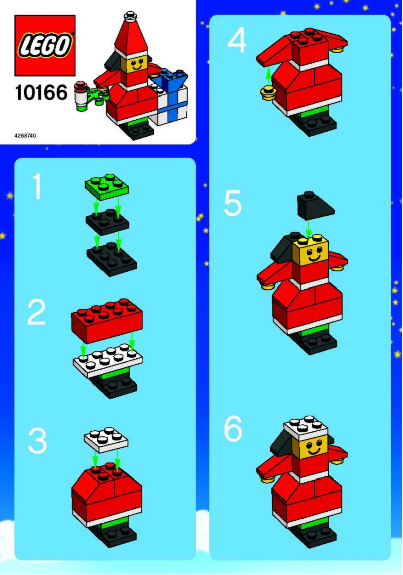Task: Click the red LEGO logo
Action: pos(45,45)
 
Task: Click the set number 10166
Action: pos(41,93)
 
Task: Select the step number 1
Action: pos(37,187)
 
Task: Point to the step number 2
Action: pos(37,313)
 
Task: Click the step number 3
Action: pos(37,441)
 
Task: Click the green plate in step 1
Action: pos(107,186)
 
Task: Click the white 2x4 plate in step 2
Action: pos(108,360)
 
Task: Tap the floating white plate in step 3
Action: pos(106,440)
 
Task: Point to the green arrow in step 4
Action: pos(268,75)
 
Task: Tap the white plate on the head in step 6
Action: pos(306,427)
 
